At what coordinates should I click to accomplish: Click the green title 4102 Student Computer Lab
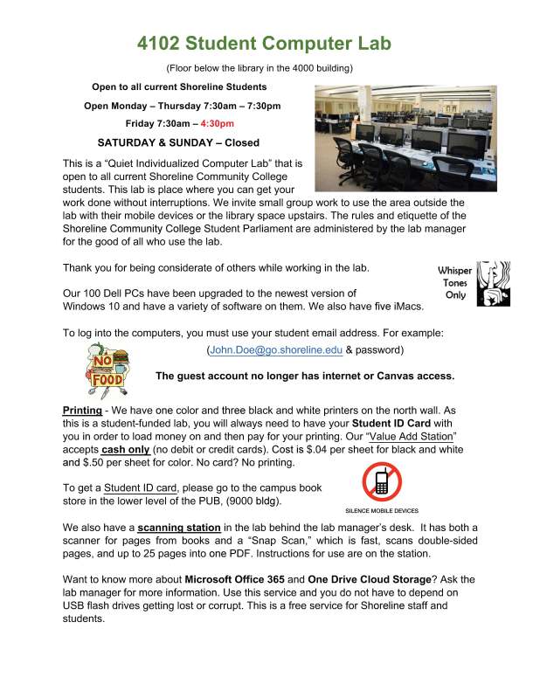[x=265, y=43]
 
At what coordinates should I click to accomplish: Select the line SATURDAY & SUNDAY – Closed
[x=178, y=142]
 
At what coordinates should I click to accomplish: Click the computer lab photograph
[x=405, y=131]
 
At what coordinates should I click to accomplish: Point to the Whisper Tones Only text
[x=454, y=284]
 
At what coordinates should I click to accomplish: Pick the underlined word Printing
[x=82, y=411]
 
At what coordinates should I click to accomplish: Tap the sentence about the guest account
[x=304, y=377]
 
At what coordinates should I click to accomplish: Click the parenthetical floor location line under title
[x=265, y=67]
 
